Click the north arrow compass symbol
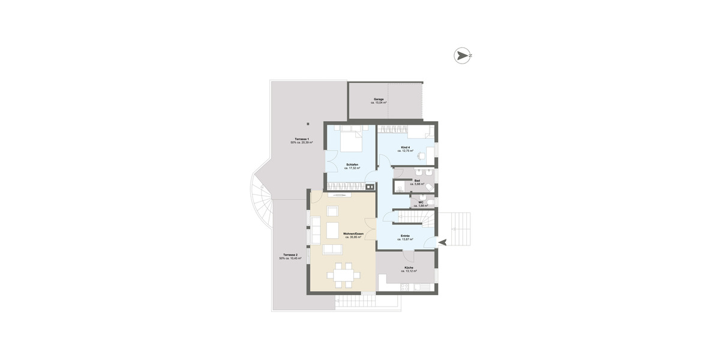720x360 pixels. point(462,56)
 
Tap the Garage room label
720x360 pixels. point(379,99)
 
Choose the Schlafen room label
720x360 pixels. point(352,164)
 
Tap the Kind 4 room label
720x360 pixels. point(406,147)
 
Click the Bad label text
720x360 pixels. point(417,180)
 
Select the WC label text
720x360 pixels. point(421,202)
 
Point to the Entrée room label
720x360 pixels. point(405,236)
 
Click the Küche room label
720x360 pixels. point(409,267)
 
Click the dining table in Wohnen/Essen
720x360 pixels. point(343,275)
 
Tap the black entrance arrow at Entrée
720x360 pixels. point(443,242)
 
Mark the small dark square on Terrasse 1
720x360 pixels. point(307,124)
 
